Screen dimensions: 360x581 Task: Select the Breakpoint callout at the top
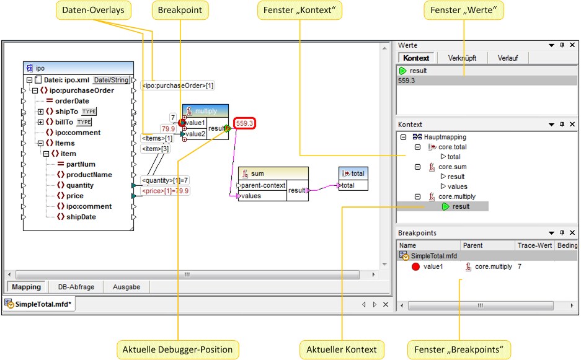pos(180,10)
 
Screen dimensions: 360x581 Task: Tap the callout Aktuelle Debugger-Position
pos(178,349)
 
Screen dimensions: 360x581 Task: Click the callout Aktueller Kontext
pos(342,349)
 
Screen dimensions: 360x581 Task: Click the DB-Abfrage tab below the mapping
pos(76,287)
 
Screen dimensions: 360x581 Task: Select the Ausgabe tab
pos(126,287)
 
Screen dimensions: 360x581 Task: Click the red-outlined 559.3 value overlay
pos(246,124)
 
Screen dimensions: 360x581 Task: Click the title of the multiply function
pos(206,111)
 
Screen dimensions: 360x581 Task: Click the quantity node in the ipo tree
pos(80,185)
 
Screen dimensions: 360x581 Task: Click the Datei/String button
pos(111,80)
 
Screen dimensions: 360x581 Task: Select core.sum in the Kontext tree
pos(453,167)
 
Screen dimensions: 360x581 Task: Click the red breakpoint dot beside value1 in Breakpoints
pos(415,266)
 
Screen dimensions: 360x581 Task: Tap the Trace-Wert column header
pos(534,245)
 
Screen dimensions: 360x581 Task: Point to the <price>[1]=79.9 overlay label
pos(166,191)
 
